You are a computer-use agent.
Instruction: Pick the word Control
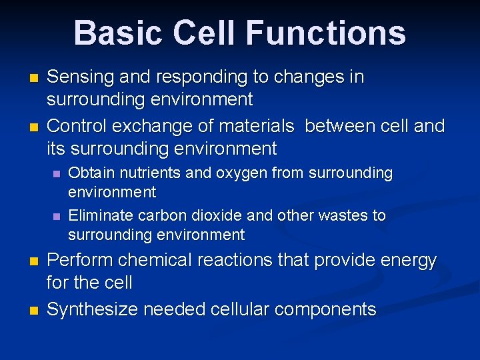(75, 126)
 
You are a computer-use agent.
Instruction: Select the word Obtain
(91, 173)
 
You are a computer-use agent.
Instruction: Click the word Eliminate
(101, 215)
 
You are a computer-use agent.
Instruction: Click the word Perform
(78, 261)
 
